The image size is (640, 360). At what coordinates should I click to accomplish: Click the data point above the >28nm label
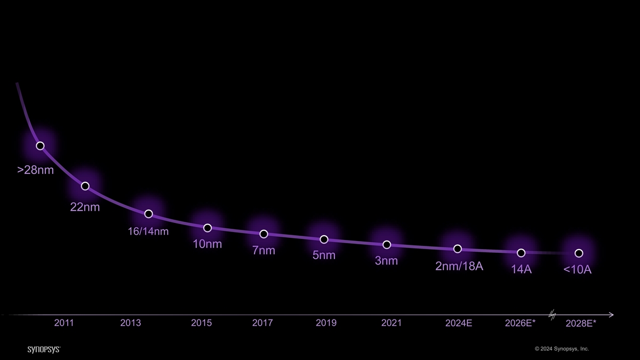(41, 146)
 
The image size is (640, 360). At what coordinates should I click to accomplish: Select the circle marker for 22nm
(85, 186)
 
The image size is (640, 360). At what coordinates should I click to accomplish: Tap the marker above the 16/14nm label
(149, 214)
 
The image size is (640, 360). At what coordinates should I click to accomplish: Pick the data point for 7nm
(263, 234)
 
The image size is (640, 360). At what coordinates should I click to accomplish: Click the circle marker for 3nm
(387, 245)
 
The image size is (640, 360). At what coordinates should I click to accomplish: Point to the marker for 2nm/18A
(458, 249)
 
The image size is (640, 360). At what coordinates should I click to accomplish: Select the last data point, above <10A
(579, 253)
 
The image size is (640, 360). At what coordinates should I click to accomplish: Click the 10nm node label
(207, 244)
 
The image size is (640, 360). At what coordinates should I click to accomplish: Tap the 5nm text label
(324, 255)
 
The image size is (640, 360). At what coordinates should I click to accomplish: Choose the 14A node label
(521, 269)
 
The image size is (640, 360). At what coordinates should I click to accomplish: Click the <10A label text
(577, 269)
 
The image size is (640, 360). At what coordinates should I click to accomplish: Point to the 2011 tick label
(64, 323)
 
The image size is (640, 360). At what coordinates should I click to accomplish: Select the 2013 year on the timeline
(131, 323)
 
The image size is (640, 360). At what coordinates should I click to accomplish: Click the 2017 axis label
(262, 323)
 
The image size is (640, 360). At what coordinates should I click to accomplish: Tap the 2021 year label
(391, 323)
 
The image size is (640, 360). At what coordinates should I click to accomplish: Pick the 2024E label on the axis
(459, 323)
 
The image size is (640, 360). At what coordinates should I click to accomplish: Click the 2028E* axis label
(581, 323)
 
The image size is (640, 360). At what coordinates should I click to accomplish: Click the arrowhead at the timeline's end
(611, 315)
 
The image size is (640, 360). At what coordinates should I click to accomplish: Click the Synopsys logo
(44, 349)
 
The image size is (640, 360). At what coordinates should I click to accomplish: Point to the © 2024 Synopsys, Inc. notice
(562, 349)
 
